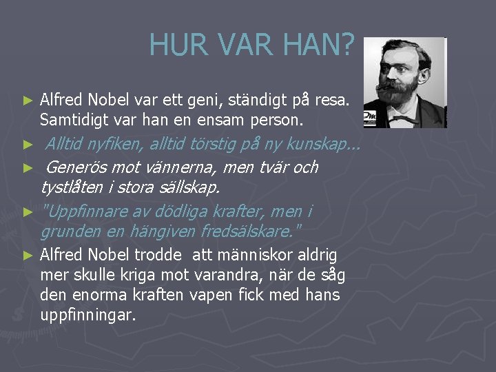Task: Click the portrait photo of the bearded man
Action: (x=405, y=83)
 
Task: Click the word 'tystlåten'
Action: (x=72, y=187)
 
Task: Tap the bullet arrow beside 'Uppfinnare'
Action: (x=28, y=211)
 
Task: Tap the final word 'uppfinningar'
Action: (x=88, y=315)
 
